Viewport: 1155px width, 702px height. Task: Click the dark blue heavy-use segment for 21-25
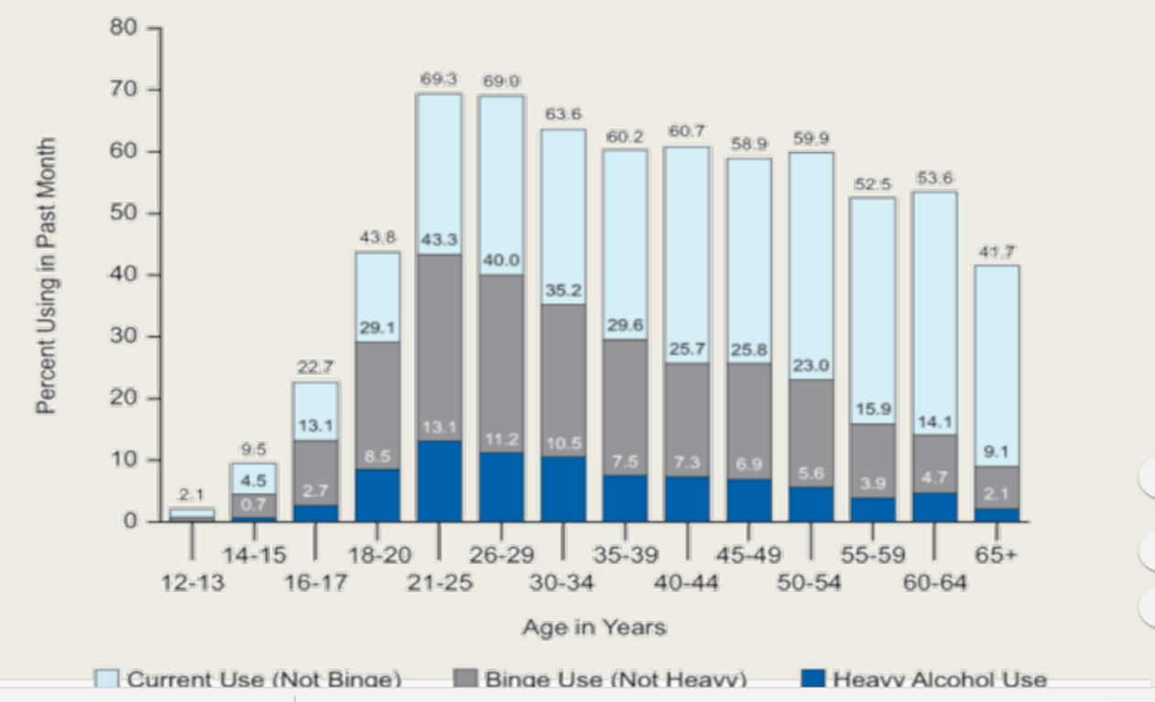click(439, 481)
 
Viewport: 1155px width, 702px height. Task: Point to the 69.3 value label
click(439, 80)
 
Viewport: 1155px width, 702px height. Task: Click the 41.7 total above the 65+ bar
click(997, 251)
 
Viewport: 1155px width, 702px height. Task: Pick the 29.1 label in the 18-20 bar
click(377, 326)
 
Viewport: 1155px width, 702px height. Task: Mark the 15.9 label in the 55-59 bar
click(872, 408)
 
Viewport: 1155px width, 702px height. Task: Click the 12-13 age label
click(192, 583)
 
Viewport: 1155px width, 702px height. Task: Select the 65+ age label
click(996, 555)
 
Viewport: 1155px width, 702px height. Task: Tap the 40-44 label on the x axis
click(687, 583)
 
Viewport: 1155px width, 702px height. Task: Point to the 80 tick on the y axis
click(125, 28)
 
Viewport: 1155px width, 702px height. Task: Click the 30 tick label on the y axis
click(125, 336)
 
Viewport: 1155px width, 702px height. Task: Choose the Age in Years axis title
click(594, 628)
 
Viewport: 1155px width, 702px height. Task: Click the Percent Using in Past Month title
click(47, 275)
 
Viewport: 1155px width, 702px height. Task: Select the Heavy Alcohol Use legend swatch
click(813, 679)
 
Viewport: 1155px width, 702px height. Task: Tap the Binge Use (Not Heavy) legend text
click(616, 680)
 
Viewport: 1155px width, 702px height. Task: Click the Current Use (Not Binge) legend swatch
click(108, 679)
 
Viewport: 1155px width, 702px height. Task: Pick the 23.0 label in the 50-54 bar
click(810, 365)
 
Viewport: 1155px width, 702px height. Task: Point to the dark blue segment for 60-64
click(934, 507)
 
